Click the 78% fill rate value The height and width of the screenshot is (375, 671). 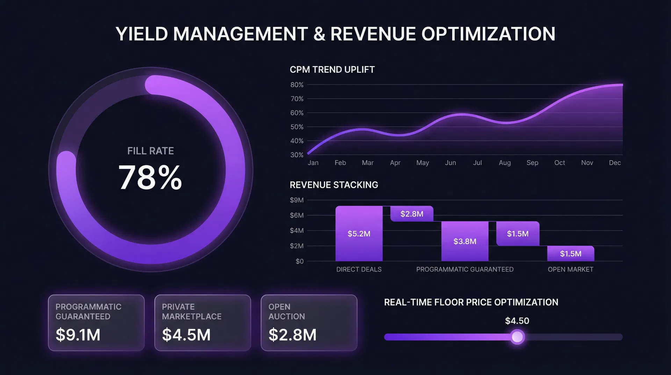click(x=150, y=178)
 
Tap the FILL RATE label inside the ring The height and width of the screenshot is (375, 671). click(x=150, y=151)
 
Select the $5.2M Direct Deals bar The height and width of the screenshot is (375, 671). click(x=359, y=234)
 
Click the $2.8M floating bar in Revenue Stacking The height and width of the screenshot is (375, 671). click(x=412, y=214)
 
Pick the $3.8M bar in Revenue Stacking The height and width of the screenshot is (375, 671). click(x=465, y=241)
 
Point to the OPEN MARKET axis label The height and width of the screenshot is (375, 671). click(x=570, y=269)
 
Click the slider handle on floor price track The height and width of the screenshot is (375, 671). click(x=517, y=337)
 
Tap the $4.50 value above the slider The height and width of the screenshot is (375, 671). click(x=517, y=321)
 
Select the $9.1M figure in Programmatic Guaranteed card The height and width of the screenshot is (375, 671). click(x=78, y=335)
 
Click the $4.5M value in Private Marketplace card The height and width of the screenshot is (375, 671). click(x=186, y=335)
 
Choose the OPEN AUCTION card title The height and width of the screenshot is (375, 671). click(x=287, y=312)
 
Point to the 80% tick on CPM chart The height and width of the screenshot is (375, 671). click(x=297, y=85)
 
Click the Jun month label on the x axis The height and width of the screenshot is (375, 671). click(x=450, y=163)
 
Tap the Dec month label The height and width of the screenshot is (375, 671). click(x=615, y=163)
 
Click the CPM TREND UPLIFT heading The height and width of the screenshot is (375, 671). click(x=332, y=70)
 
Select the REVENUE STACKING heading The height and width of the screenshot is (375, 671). click(x=334, y=185)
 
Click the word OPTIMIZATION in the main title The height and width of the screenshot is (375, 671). click(x=488, y=34)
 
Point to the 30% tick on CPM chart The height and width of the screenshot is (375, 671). click(x=297, y=155)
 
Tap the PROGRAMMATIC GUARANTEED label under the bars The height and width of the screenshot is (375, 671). click(x=465, y=269)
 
